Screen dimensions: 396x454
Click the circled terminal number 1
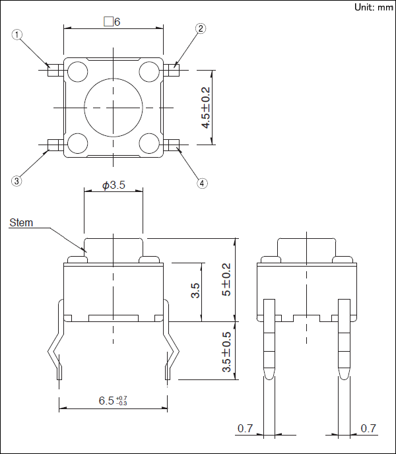[x=16, y=35]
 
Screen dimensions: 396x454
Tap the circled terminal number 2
[x=201, y=28]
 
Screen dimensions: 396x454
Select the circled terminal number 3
[x=16, y=181]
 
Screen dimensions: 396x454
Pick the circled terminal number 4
[x=202, y=183]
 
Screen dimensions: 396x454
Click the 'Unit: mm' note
[x=374, y=7]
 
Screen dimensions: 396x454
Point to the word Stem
[x=21, y=222]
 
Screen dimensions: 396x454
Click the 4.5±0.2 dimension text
[x=206, y=108]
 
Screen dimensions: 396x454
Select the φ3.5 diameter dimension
[x=114, y=185]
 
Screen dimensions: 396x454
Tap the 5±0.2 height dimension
[x=226, y=279]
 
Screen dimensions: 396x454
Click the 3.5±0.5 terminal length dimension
[x=226, y=352]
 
